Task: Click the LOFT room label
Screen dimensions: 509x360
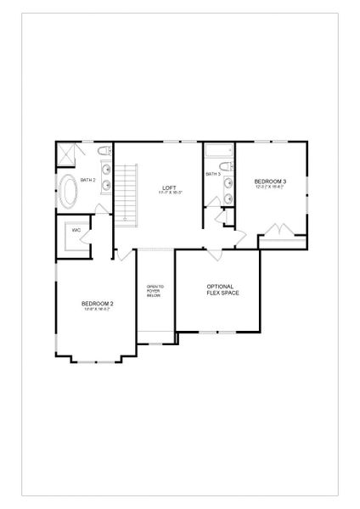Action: [x=170, y=187]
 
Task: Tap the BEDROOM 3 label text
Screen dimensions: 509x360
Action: [x=270, y=181]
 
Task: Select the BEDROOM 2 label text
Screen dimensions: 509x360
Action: [x=98, y=303]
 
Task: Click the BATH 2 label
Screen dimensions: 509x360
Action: [x=87, y=180]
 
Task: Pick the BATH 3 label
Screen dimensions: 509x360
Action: [x=212, y=174]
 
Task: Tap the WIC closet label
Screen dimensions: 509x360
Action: [x=76, y=230]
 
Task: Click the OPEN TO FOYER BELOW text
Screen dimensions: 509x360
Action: [x=155, y=291]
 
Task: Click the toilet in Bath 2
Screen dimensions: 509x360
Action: [x=103, y=151]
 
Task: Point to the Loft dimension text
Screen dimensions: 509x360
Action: [x=170, y=193]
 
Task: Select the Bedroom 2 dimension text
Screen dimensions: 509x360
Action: [x=98, y=310]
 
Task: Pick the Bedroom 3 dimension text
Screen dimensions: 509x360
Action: [x=270, y=187]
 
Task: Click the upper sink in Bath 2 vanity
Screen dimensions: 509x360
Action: [x=106, y=168]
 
